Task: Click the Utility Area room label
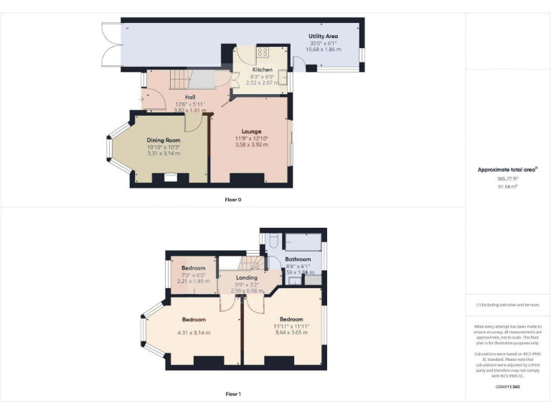coord(323,36)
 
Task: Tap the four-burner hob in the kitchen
coord(263,52)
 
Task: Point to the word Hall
coord(190,97)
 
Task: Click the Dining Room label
coord(164,140)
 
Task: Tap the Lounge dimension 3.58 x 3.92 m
coord(251,144)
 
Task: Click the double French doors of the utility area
coord(108,43)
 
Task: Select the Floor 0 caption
coord(233,199)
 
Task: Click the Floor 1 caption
coord(233,394)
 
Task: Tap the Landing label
coord(247,277)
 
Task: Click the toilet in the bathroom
coord(272,242)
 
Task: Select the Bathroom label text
coord(298,259)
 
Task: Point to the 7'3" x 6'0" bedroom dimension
coord(193,275)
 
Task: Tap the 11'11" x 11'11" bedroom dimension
coord(291,326)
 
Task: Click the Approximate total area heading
coord(507,170)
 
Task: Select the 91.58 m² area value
coord(507,186)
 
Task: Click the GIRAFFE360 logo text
coord(507,387)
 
